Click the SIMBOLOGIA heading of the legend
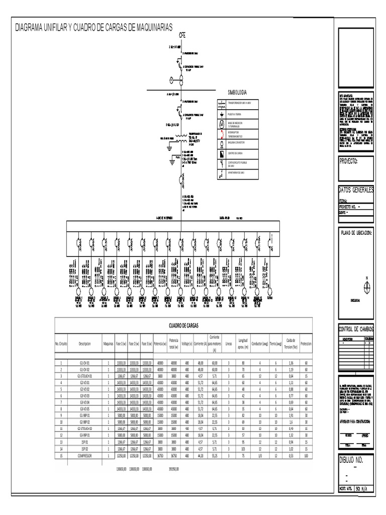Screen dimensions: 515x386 (237, 93)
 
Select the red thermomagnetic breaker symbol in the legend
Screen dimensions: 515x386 (221, 134)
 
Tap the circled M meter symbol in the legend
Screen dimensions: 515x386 (221, 124)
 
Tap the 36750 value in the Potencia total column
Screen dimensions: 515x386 (174, 456)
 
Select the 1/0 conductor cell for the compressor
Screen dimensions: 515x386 (260, 456)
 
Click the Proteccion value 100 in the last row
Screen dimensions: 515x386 (306, 456)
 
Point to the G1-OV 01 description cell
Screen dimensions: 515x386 (84, 362)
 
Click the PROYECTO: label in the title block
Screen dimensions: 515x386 (348, 161)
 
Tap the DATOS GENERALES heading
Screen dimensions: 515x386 (356, 190)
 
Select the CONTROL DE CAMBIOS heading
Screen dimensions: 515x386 (356, 329)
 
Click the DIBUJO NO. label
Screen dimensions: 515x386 (355, 461)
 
